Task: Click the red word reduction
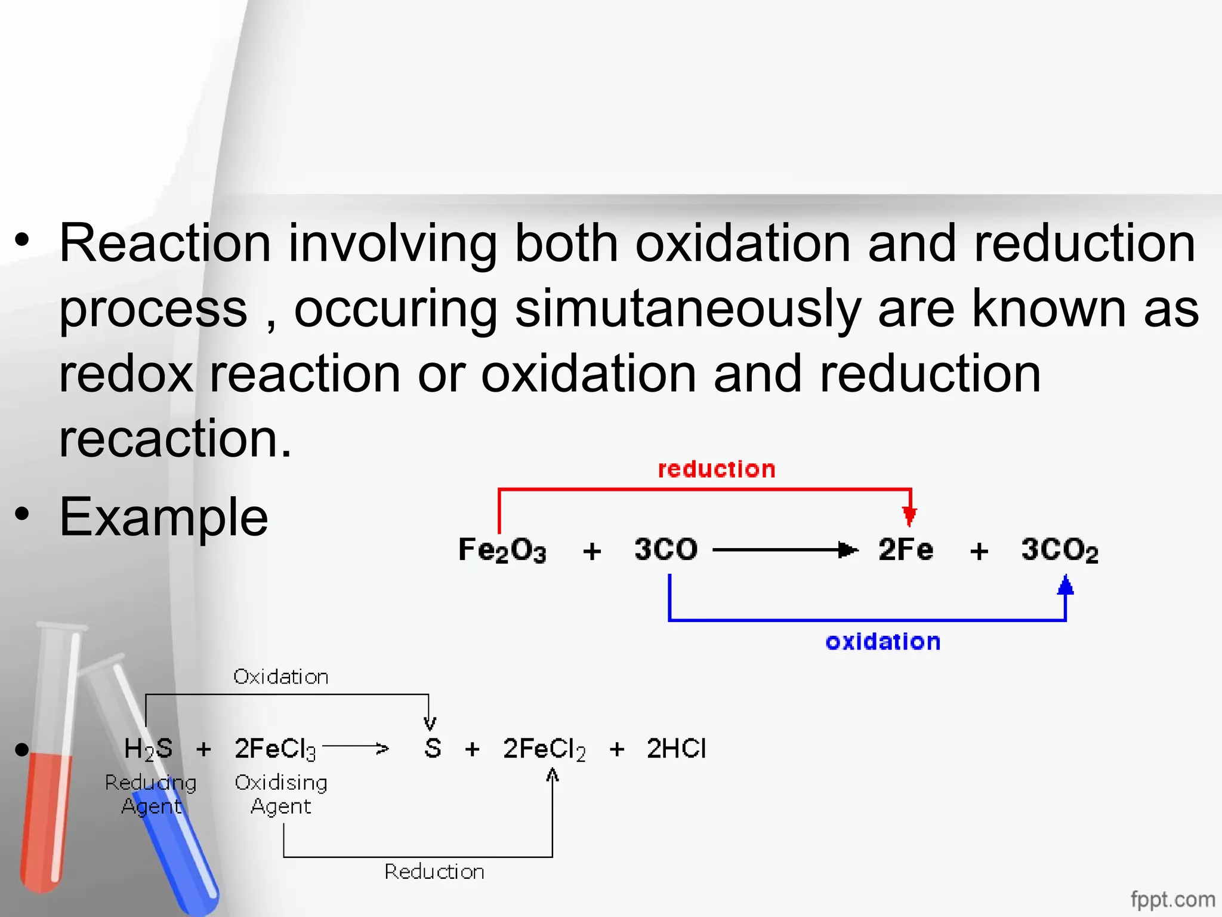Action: pos(716,469)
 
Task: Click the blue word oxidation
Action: pos(882,642)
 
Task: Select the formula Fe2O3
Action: pos(502,550)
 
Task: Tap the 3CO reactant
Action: pos(666,549)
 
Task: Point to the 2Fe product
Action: pos(905,549)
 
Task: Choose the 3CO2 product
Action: pos(1059,550)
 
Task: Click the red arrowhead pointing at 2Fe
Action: pos(909,515)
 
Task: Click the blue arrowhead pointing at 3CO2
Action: pos(1065,585)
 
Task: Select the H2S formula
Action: pos(148,749)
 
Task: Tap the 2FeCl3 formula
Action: pos(275,749)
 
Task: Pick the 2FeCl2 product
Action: pos(544,749)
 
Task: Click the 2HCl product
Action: pos(676,749)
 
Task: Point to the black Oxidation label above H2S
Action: pos(280,677)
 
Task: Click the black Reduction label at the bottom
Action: pos(434,872)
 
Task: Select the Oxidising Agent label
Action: pos(281,794)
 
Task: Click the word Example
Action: pos(163,517)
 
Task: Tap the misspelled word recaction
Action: pos(175,439)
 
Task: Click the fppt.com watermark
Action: pos(1172,899)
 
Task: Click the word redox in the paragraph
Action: pos(126,374)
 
